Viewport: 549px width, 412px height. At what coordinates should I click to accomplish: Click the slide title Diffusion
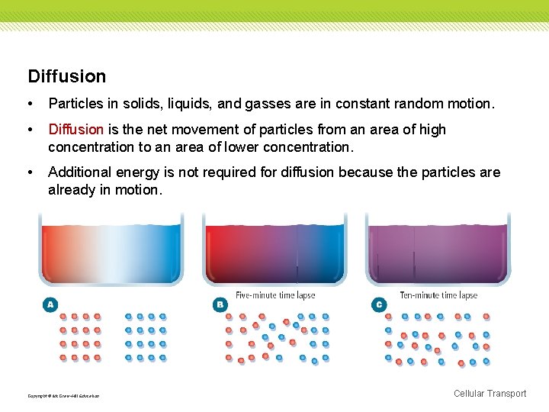(67, 76)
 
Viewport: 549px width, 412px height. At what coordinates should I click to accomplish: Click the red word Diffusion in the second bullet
(75, 130)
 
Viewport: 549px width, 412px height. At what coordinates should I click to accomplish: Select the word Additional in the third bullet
(80, 172)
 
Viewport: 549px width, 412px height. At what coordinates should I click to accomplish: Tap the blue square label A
(50, 304)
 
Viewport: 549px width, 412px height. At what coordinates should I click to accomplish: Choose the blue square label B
(219, 304)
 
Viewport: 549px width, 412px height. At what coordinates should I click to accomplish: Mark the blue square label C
(379, 304)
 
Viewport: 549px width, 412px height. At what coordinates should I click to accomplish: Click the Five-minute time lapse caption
(275, 295)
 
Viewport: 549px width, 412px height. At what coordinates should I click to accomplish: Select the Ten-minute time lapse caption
(438, 295)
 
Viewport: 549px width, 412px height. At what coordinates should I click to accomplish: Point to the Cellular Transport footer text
(490, 394)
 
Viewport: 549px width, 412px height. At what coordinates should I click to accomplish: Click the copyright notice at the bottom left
(63, 396)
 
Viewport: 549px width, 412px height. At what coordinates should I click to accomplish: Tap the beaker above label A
(111, 248)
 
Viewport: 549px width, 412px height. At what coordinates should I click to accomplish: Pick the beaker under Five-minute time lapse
(274, 248)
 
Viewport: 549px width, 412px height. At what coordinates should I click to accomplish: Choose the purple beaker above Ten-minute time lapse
(438, 248)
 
